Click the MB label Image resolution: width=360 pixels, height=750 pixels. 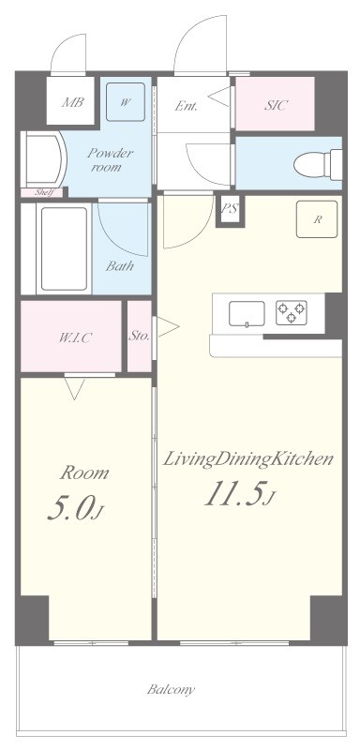(x=73, y=102)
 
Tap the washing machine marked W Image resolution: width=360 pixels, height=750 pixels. (x=126, y=102)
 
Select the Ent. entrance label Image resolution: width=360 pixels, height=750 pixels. (x=186, y=106)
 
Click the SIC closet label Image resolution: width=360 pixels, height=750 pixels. (x=277, y=105)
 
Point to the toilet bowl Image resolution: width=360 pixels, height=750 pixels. (x=318, y=165)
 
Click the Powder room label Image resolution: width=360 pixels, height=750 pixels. (x=110, y=160)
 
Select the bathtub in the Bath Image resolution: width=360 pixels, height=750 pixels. (x=64, y=248)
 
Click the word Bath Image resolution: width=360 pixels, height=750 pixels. (x=119, y=266)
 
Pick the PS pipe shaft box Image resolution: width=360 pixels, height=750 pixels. (x=230, y=209)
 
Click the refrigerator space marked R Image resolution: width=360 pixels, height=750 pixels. (x=317, y=219)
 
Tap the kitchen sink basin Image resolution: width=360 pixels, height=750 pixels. (x=247, y=314)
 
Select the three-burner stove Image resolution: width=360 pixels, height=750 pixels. (x=292, y=312)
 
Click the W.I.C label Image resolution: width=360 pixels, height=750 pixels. (x=75, y=337)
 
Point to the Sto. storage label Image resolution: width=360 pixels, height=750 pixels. (x=139, y=336)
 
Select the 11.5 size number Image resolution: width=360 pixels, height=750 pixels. (x=234, y=494)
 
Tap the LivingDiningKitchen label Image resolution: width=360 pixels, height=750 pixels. (x=248, y=459)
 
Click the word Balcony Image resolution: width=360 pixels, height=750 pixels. (x=171, y=690)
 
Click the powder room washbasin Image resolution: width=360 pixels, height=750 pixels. (x=44, y=158)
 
